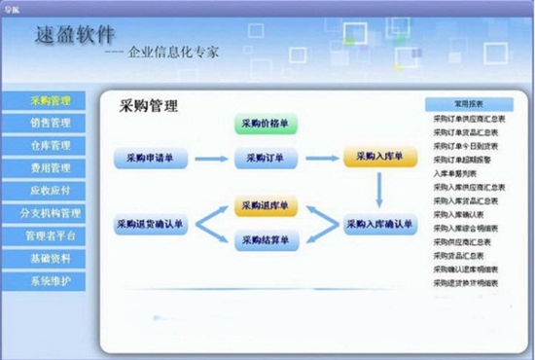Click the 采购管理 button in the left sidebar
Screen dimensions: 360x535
(50, 101)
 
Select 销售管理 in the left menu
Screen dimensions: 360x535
(50, 124)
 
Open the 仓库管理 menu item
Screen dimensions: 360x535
(50, 146)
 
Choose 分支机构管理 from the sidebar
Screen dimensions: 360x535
(50, 213)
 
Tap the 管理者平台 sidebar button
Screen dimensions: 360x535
(50, 235)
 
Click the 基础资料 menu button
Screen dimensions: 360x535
(50, 259)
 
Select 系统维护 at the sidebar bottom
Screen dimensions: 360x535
(50, 281)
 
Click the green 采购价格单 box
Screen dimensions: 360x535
(266, 125)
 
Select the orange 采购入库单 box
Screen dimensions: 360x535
(379, 157)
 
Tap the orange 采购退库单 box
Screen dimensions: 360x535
(266, 207)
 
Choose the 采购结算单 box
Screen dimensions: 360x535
(266, 239)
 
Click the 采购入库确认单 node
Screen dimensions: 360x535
(379, 225)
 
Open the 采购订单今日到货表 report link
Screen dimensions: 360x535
(468, 146)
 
